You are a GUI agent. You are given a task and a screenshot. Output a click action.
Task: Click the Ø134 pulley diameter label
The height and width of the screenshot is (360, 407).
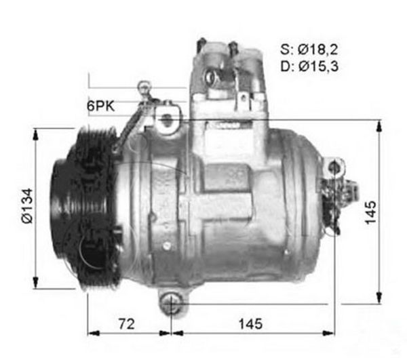(x=28, y=205)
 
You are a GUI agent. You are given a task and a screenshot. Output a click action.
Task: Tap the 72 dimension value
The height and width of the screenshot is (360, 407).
(x=127, y=323)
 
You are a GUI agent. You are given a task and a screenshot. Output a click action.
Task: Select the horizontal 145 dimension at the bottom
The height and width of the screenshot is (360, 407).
(x=250, y=323)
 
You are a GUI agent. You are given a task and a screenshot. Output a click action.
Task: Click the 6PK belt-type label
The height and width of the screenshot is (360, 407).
(x=100, y=106)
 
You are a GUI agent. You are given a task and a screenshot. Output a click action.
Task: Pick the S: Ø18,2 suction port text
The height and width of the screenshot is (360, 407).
(x=309, y=49)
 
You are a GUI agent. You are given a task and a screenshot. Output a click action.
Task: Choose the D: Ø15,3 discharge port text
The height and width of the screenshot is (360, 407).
(x=309, y=66)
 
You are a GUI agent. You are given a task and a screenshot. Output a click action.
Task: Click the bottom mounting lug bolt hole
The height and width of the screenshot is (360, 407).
(x=170, y=302)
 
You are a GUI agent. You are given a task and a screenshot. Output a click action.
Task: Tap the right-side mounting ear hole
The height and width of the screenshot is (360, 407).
(x=334, y=167)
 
